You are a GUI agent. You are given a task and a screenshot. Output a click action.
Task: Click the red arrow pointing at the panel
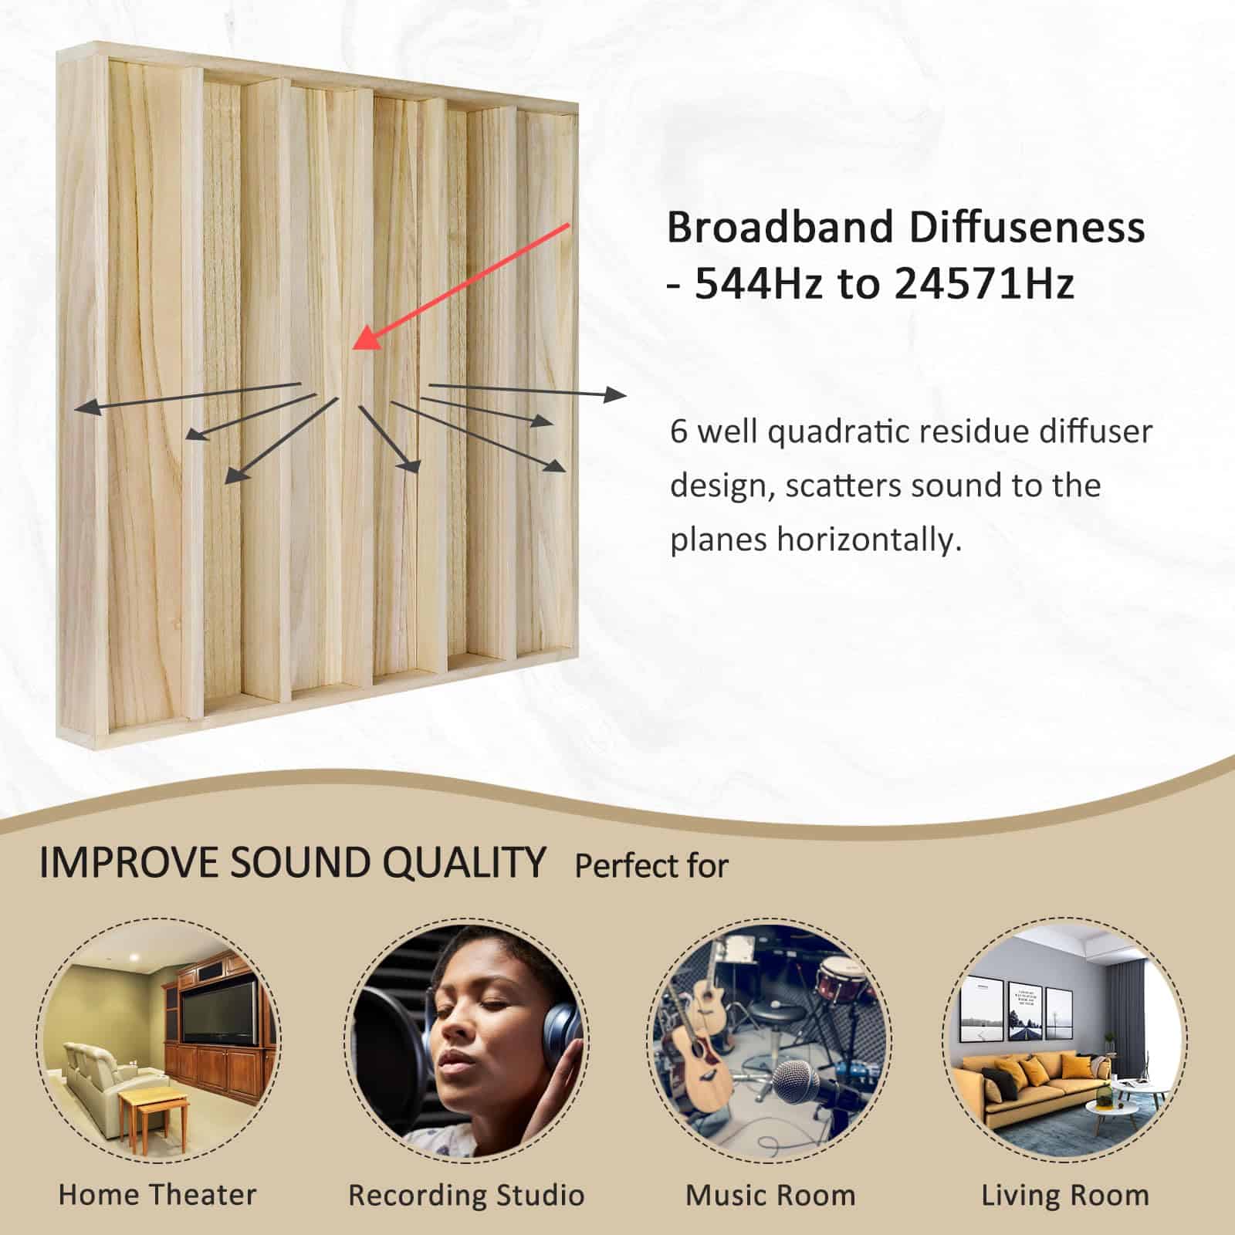[463, 286]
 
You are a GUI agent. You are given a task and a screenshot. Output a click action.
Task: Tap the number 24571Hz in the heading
[985, 284]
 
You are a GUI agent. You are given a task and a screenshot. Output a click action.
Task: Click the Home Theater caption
[157, 1195]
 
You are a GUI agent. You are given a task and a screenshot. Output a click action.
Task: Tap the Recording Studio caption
[466, 1195]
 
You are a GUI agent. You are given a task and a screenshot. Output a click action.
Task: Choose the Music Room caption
[770, 1195]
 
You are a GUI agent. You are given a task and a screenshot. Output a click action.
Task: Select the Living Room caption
[1065, 1195]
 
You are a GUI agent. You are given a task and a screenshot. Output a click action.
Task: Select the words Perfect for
[651, 866]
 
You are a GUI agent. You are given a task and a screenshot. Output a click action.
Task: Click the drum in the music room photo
[837, 976]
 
